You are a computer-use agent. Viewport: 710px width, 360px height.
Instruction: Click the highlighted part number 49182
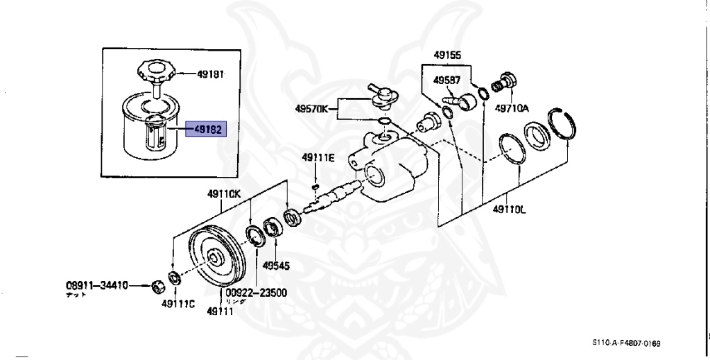click(207, 128)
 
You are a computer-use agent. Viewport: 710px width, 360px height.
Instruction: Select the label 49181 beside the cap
click(210, 73)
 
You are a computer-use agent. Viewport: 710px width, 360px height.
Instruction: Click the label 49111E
click(318, 158)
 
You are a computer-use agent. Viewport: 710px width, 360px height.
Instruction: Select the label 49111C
click(177, 302)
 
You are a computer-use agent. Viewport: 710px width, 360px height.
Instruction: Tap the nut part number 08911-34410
click(97, 285)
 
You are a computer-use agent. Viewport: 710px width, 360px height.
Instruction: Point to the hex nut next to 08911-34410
click(157, 285)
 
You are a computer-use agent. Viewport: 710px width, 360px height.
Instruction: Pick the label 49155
click(447, 55)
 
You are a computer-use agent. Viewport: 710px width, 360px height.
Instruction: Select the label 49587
click(447, 80)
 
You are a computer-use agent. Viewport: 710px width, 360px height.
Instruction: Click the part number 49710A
click(512, 108)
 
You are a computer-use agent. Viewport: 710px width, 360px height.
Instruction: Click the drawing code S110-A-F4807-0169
click(626, 343)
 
